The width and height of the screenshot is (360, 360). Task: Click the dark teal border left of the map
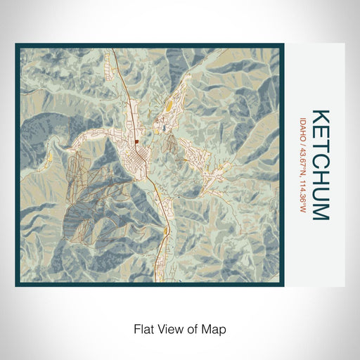point(18,165)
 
